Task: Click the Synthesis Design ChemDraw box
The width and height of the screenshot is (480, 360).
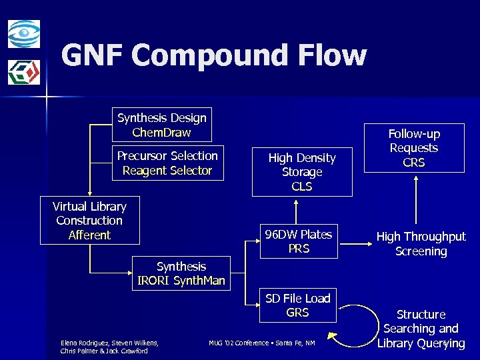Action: coord(161,125)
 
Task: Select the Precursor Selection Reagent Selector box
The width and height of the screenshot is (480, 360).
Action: coord(167,163)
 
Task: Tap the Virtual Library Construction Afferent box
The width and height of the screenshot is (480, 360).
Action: coord(89,221)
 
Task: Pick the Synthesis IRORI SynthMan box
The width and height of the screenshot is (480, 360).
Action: coord(181,273)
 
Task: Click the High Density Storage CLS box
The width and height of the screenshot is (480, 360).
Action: coord(302,172)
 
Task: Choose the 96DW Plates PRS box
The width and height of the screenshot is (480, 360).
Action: coord(298,241)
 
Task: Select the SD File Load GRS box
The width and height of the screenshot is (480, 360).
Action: coord(297,305)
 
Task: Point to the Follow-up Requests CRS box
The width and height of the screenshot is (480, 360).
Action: coord(414,148)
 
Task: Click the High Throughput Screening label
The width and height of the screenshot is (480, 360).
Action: coord(421,244)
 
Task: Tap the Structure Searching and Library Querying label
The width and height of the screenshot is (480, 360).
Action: coord(421,329)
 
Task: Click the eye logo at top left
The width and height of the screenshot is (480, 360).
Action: coord(24,33)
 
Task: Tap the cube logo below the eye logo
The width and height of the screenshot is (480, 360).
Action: coord(24,72)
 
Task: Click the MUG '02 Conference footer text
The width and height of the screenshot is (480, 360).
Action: coord(261,343)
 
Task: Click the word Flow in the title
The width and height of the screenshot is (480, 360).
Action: coord(333,56)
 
